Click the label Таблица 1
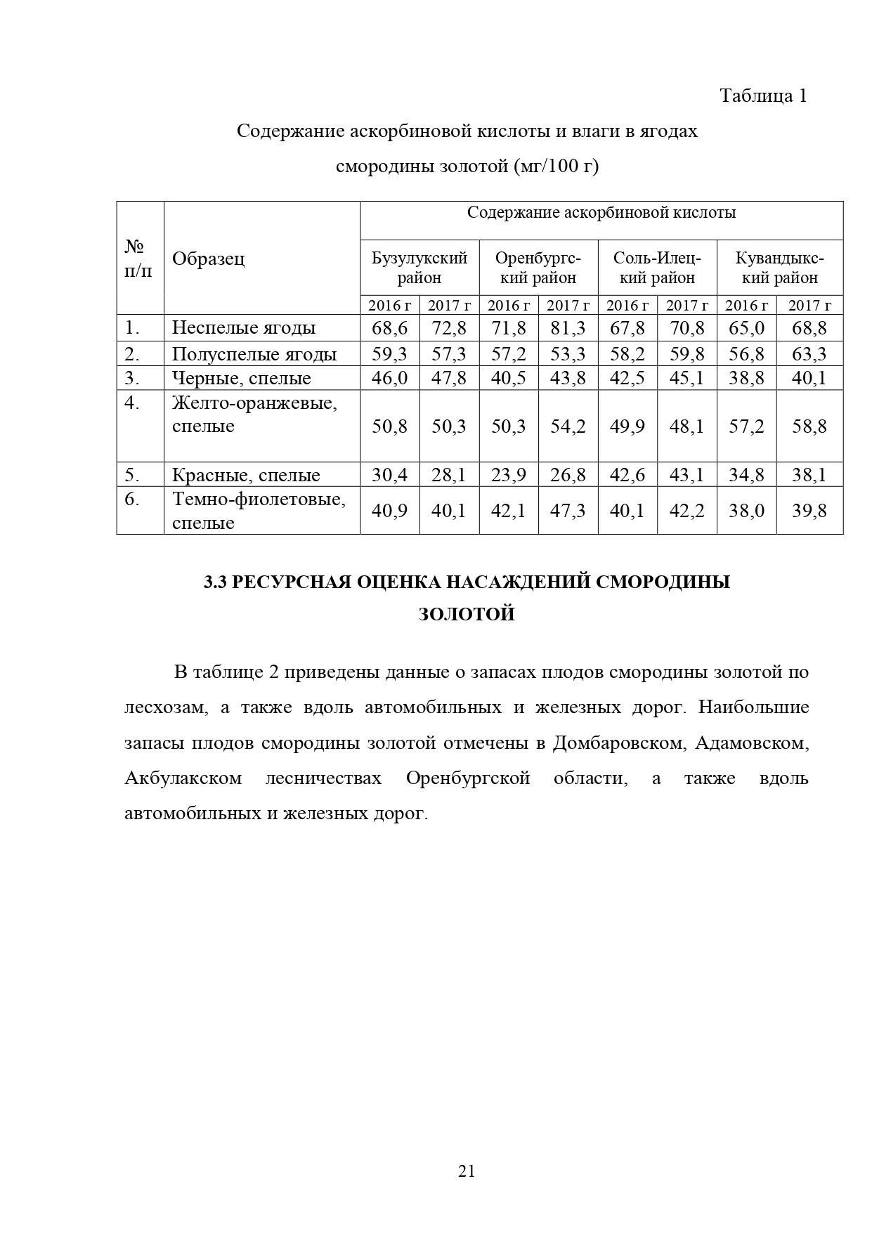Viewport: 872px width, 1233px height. (763, 96)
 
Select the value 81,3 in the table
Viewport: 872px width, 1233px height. (568, 327)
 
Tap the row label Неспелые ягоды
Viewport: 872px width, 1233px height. (244, 327)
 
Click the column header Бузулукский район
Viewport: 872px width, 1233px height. (419, 268)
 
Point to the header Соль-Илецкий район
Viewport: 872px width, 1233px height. (657, 268)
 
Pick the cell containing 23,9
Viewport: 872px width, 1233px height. (509, 475)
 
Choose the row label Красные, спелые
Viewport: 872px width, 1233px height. (246, 475)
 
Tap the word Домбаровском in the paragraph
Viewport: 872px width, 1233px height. (618, 743)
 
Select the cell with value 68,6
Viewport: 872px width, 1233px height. (390, 327)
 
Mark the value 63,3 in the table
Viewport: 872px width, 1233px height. (809, 353)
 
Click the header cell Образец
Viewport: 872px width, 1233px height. (209, 259)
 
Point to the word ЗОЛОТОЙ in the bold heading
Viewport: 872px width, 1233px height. (467, 614)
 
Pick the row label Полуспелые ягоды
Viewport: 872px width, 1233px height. (254, 353)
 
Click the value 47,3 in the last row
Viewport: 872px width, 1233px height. (568, 511)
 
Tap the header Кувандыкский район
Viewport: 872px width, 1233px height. (780, 268)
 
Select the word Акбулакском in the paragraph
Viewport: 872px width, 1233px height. (183, 778)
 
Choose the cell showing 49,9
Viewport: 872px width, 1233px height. (627, 426)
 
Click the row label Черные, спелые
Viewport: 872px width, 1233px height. (242, 379)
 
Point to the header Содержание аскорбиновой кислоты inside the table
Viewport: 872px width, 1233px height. (601, 213)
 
